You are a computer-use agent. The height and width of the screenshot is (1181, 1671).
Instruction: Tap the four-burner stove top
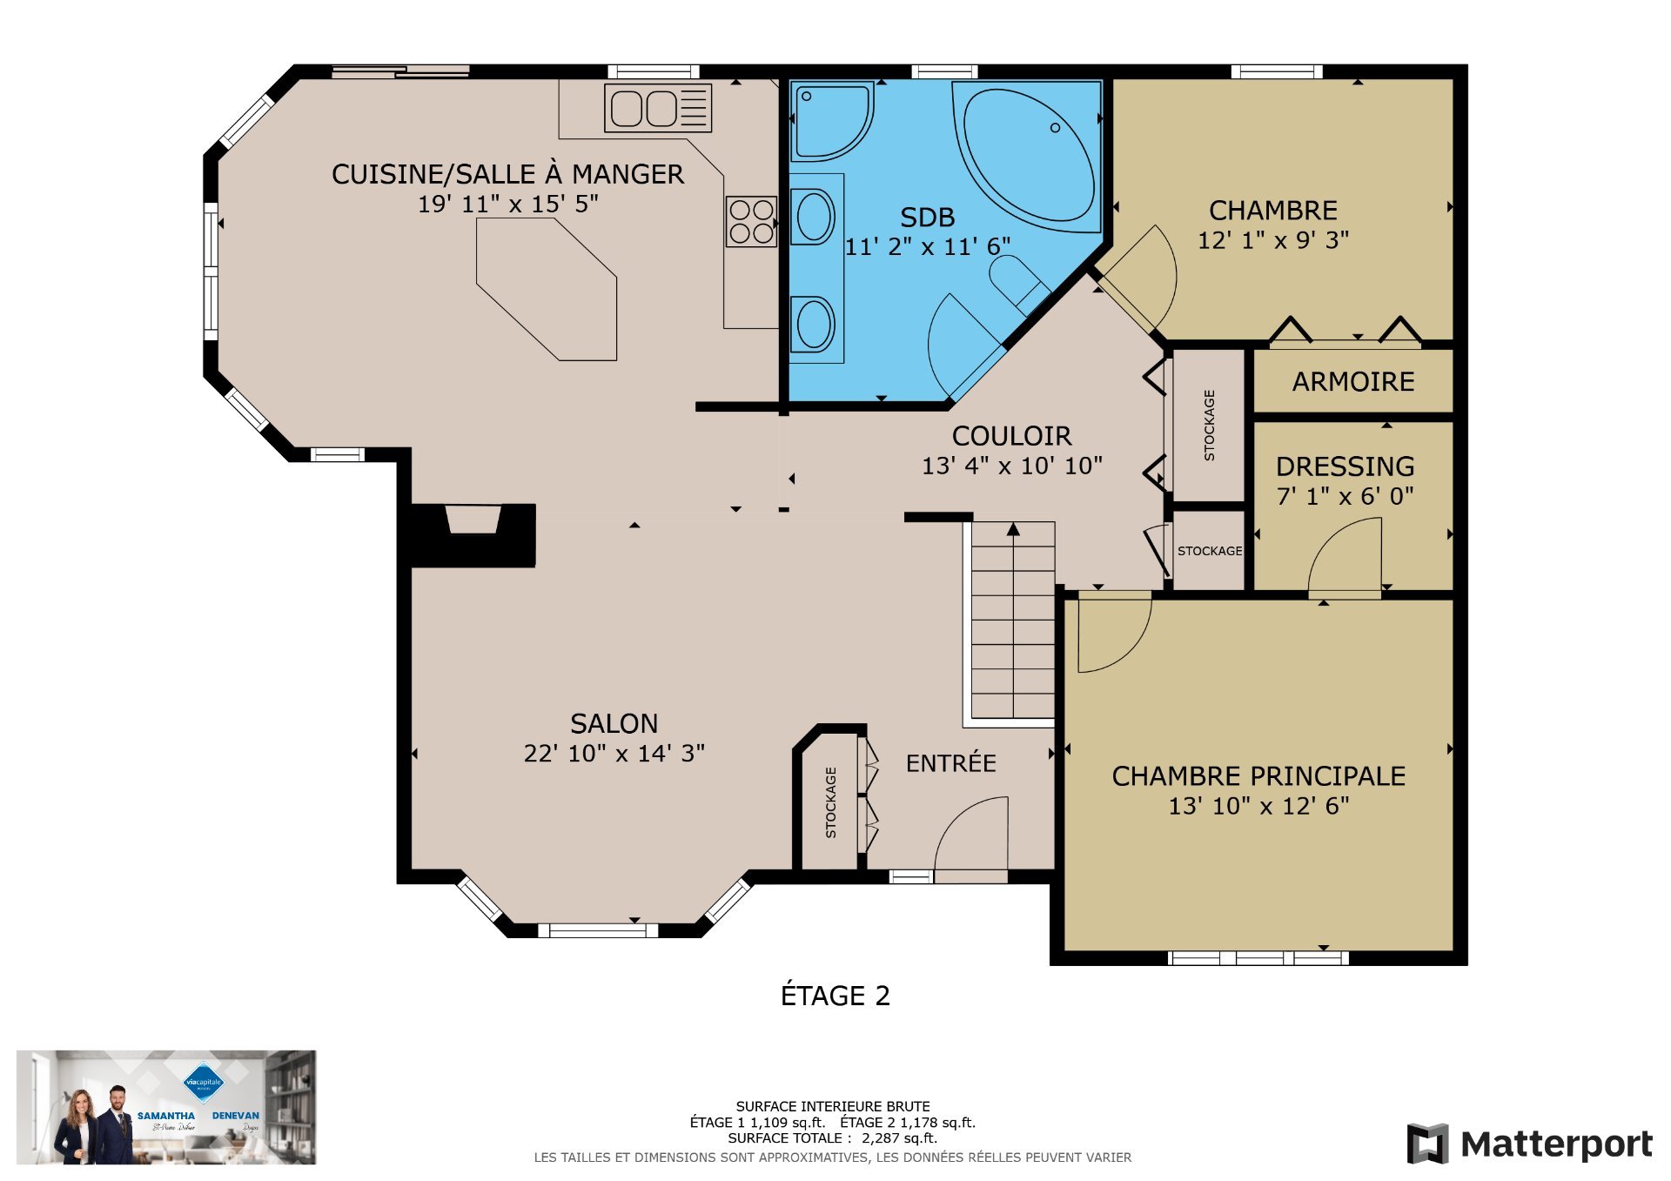pyautogui.click(x=752, y=221)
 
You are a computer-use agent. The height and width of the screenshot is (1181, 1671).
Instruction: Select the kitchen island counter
pyautogui.click(x=548, y=287)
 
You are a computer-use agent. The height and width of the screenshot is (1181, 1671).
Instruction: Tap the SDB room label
pyautogui.click(x=927, y=218)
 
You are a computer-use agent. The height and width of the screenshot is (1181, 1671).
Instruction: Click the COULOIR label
pyautogui.click(x=1011, y=436)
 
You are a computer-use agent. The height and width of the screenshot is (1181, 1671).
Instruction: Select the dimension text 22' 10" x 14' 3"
pyautogui.click(x=614, y=754)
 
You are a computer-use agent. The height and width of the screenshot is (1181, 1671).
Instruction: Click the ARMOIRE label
pyautogui.click(x=1353, y=382)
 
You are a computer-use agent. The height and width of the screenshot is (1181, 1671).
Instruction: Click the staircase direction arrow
pyautogui.click(x=1013, y=529)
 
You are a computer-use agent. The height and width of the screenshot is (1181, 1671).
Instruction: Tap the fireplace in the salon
pyautogui.click(x=473, y=533)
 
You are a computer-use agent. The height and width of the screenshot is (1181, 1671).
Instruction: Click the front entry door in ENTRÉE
pyautogui.click(x=970, y=835)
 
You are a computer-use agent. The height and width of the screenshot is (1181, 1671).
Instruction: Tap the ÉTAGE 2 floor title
pyautogui.click(x=835, y=996)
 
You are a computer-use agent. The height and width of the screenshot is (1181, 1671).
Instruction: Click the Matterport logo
pyautogui.click(x=1530, y=1144)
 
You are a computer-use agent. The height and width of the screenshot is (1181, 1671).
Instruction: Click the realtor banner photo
pyautogui.click(x=166, y=1107)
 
